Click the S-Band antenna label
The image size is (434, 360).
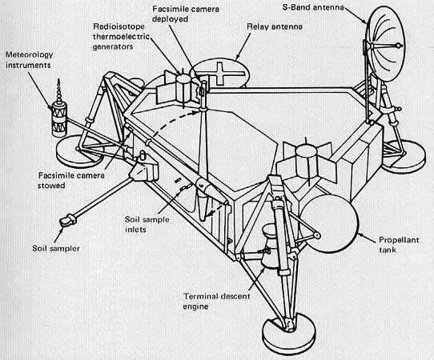click(313, 7)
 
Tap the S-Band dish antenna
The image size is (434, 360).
click(385, 44)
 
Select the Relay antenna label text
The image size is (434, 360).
click(275, 26)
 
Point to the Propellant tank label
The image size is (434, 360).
click(399, 245)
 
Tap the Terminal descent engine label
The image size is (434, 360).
click(216, 301)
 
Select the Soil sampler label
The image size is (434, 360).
click(56, 248)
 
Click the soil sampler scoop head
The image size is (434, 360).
click(67, 221)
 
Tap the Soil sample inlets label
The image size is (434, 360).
click(147, 224)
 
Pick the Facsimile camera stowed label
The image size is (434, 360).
click(71, 180)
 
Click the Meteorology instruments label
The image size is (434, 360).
click(29, 60)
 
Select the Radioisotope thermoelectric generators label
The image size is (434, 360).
click(121, 37)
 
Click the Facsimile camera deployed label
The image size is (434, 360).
click(186, 14)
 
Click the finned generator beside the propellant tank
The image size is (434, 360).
click(306, 162)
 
